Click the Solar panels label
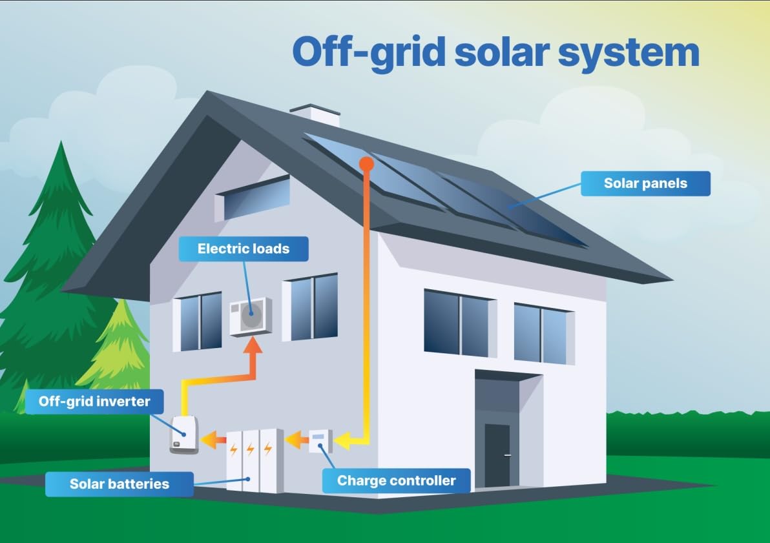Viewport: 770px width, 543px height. point(645,183)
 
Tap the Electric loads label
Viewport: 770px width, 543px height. point(244,249)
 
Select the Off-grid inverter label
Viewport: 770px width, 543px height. point(94,402)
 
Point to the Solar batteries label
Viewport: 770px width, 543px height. point(120,484)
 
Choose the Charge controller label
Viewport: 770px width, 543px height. point(396,480)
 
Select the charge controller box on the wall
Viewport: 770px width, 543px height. point(320,441)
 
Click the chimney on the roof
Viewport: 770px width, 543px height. point(315,115)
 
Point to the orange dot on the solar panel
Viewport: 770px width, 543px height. point(366,164)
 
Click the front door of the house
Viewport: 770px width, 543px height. point(497,455)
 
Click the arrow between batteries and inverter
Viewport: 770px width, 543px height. point(211,440)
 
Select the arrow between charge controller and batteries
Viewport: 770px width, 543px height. point(297,441)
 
